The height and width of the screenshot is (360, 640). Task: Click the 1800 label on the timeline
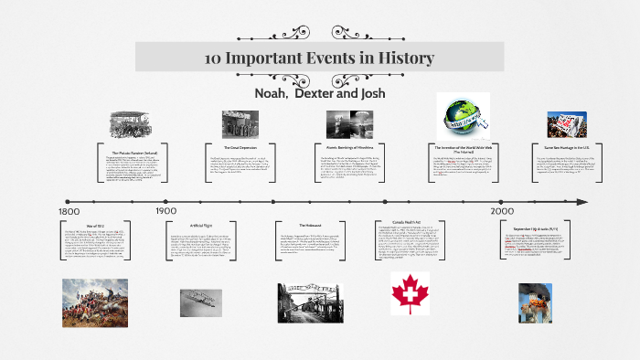pos(69,212)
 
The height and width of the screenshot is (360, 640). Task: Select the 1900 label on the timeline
pos(165,211)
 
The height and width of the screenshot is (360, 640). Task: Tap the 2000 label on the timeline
pos(501,211)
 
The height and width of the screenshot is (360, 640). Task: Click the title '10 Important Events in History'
pos(319,58)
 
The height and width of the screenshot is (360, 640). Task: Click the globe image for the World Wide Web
pos(462,115)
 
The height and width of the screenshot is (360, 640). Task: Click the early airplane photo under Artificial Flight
pos(201,301)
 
